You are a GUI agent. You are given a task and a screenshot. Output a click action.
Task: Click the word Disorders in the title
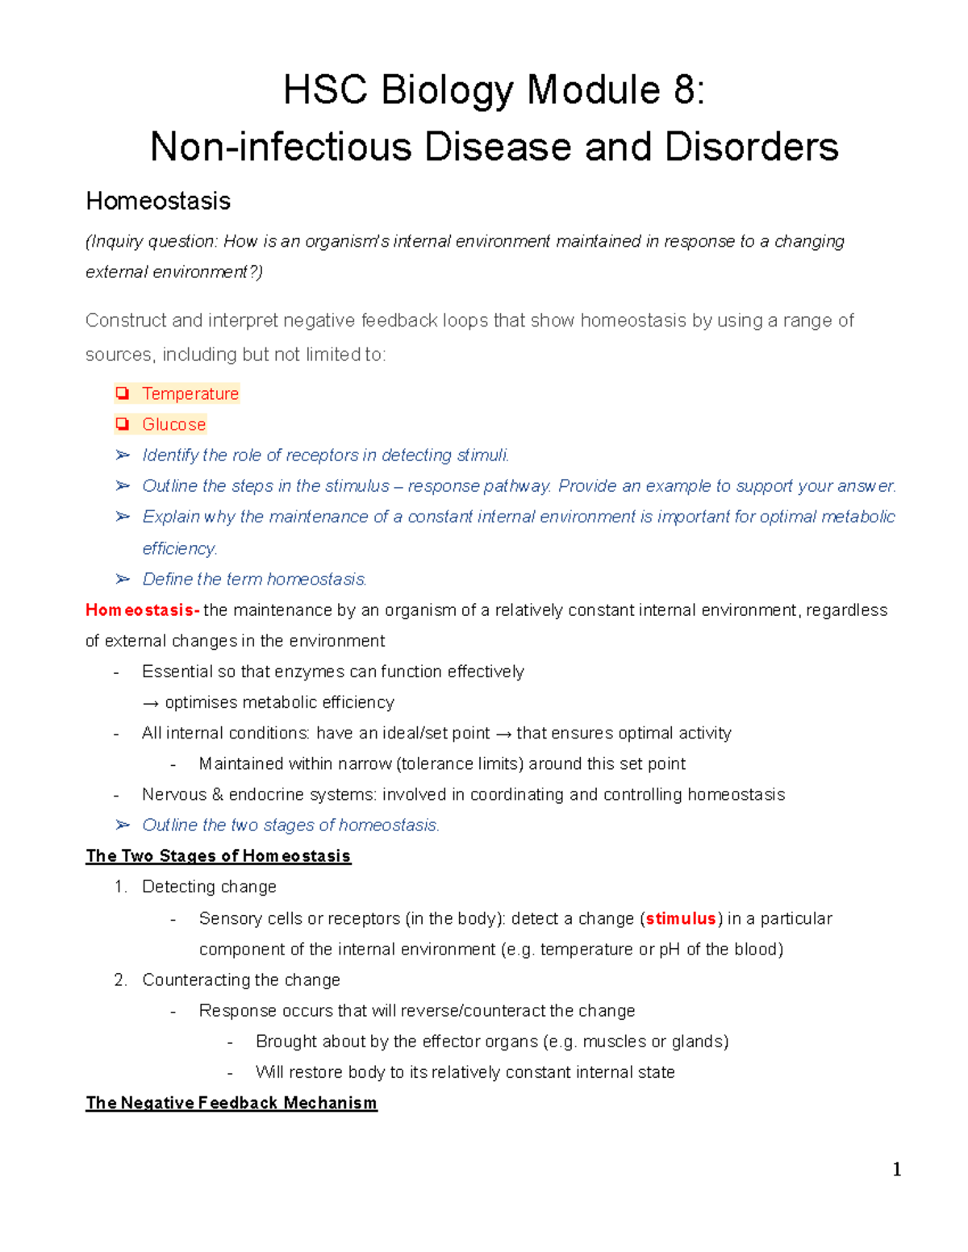(751, 148)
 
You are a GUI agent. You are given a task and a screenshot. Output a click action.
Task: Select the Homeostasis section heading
(158, 201)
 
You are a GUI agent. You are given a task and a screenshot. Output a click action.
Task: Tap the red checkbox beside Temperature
(123, 393)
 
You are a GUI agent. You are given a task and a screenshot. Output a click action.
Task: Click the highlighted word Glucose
(173, 425)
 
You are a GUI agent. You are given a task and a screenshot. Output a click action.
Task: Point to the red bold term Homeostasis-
(143, 610)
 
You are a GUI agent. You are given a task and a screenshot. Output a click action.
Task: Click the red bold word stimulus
(681, 919)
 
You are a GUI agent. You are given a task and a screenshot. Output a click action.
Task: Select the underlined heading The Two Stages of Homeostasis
(218, 856)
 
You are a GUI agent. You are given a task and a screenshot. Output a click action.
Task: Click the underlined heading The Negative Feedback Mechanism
(231, 1103)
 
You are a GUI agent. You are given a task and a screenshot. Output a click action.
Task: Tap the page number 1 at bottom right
(896, 1170)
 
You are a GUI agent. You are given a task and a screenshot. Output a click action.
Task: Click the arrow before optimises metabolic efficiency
(151, 703)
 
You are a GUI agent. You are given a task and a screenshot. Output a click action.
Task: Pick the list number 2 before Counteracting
(120, 980)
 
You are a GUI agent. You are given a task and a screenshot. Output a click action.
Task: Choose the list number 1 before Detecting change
(120, 887)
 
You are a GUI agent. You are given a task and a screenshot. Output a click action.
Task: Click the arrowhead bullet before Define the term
(123, 580)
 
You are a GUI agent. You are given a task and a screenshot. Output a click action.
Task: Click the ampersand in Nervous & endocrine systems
(217, 795)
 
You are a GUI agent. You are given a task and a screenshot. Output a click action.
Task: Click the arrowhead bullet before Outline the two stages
(123, 826)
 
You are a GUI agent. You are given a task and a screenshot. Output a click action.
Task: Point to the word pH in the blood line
(670, 950)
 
